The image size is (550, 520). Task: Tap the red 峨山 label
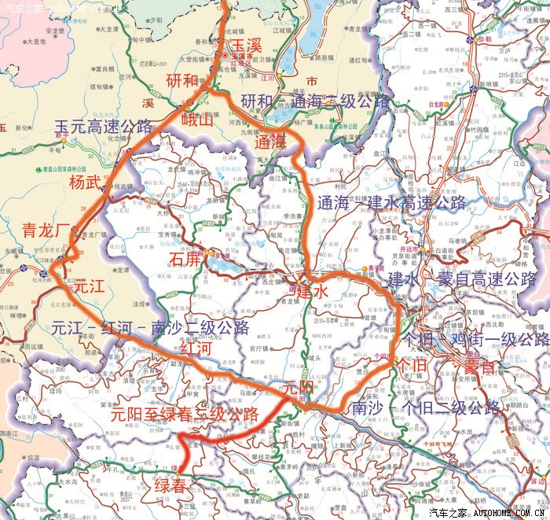[x=197, y=120]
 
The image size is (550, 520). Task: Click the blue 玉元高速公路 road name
[x=104, y=126]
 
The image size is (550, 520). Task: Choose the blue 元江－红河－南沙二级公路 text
[x=149, y=327]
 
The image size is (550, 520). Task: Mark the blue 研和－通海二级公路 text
[x=315, y=101]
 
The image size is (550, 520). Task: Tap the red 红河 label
[x=195, y=347]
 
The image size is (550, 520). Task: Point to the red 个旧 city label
[x=412, y=367]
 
